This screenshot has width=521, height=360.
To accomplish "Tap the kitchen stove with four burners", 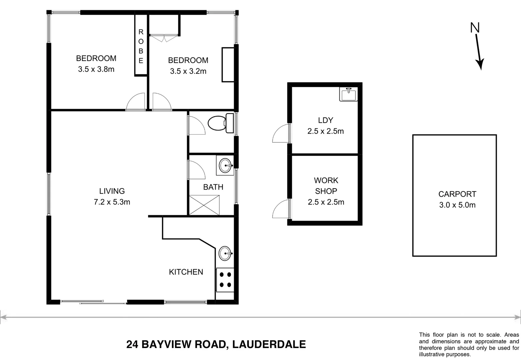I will point(225,280).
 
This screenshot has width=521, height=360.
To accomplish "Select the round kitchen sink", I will point(225,253).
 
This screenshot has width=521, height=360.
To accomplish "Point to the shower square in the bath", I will point(204,205).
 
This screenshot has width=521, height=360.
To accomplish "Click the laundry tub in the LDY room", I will point(348,94).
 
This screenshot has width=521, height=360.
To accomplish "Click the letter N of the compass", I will point(475,28).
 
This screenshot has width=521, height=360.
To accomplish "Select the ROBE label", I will point(141,46).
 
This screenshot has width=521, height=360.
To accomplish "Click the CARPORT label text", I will point(457,194).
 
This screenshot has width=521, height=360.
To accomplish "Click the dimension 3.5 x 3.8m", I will point(96,69).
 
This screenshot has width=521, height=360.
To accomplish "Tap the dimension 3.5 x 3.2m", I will point(188,71).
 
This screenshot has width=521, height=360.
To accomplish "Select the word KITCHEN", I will point(186,272).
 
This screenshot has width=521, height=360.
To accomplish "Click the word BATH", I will point(213,187).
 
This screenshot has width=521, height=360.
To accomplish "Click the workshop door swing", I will point(281,209).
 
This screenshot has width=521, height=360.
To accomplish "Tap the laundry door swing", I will point(281,134).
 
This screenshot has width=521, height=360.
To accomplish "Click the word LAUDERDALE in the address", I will point(269,344).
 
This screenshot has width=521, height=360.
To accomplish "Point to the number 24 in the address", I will point(133,344).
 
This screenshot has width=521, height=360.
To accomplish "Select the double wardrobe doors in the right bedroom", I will point(164,38).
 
